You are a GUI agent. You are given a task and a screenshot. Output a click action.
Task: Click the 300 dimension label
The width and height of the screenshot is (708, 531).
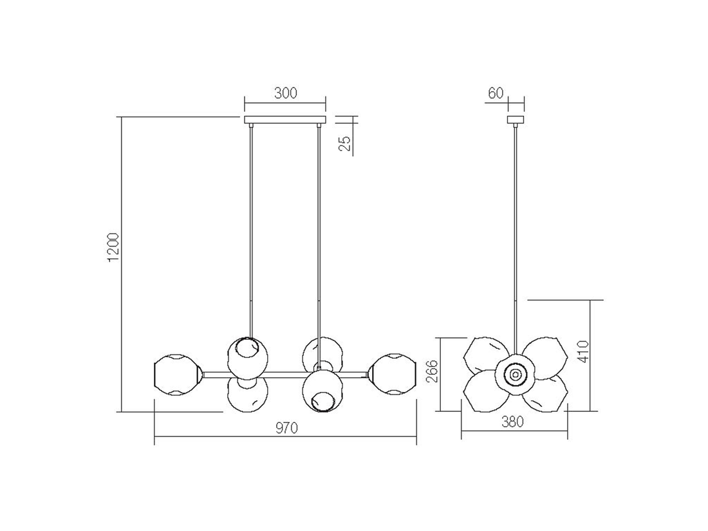pyautogui.click(x=285, y=93)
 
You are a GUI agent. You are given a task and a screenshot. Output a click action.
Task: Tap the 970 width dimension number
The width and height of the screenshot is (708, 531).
pyautogui.click(x=286, y=427)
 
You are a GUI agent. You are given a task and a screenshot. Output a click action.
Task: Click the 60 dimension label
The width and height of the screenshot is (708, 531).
pyautogui.click(x=496, y=93)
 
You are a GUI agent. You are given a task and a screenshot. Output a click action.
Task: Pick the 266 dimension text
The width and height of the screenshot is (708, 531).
pyautogui.click(x=432, y=371)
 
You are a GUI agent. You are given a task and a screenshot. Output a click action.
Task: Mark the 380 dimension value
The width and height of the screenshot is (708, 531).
pyautogui.click(x=512, y=422)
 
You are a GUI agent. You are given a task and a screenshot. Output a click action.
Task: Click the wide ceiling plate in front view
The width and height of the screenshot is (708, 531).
pyautogui.click(x=285, y=120)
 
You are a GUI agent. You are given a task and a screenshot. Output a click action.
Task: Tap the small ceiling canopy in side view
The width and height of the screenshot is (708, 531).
pyautogui.click(x=516, y=120)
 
